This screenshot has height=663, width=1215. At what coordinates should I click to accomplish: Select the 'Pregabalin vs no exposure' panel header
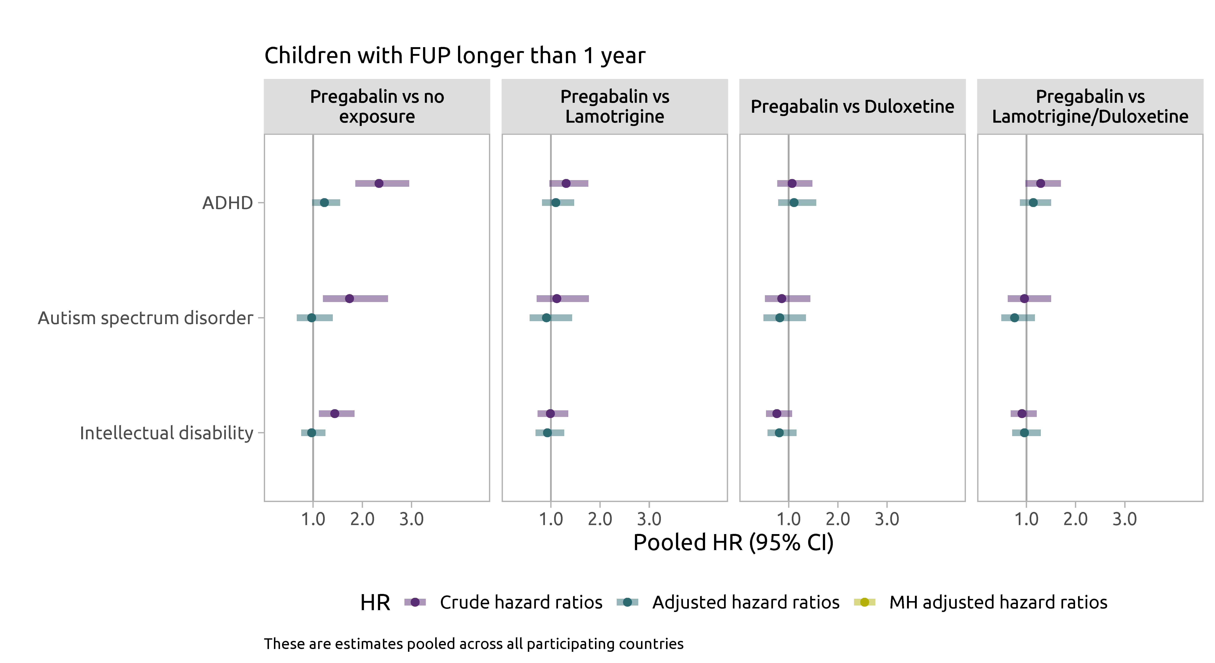pyautogui.click(x=377, y=107)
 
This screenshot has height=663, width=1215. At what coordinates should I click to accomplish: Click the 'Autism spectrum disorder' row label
pyautogui.click(x=145, y=318)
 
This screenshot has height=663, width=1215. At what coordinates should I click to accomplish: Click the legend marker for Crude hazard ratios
pyautogui.click(x=415, y=602)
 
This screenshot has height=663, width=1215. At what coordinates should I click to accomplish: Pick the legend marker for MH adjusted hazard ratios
pyautogui.click(x=864, y=602)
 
